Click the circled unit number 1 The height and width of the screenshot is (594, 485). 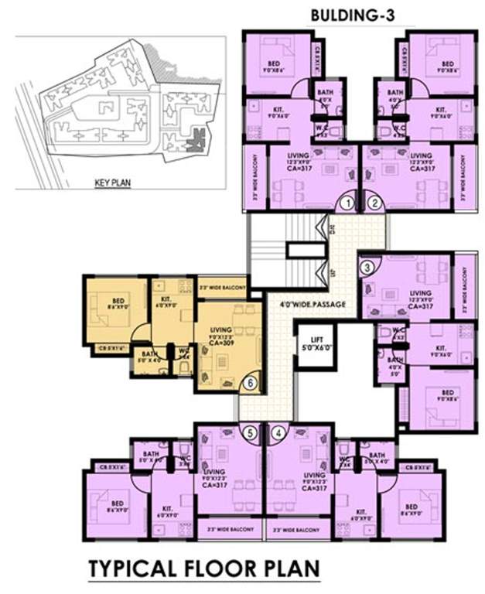pyautogui.click(x=350, y=203)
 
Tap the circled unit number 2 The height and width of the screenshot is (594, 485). pyautogui.click(x=375, y=203)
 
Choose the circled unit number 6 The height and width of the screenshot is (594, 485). pyautogui.click(x=250, y=381)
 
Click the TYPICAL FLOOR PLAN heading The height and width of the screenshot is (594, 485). pyautogui.click(x=203, y=568)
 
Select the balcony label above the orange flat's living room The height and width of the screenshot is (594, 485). pyautogui.click(x=222, y=288)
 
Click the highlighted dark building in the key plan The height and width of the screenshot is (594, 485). pyautogui.click(x=196, y=140)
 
